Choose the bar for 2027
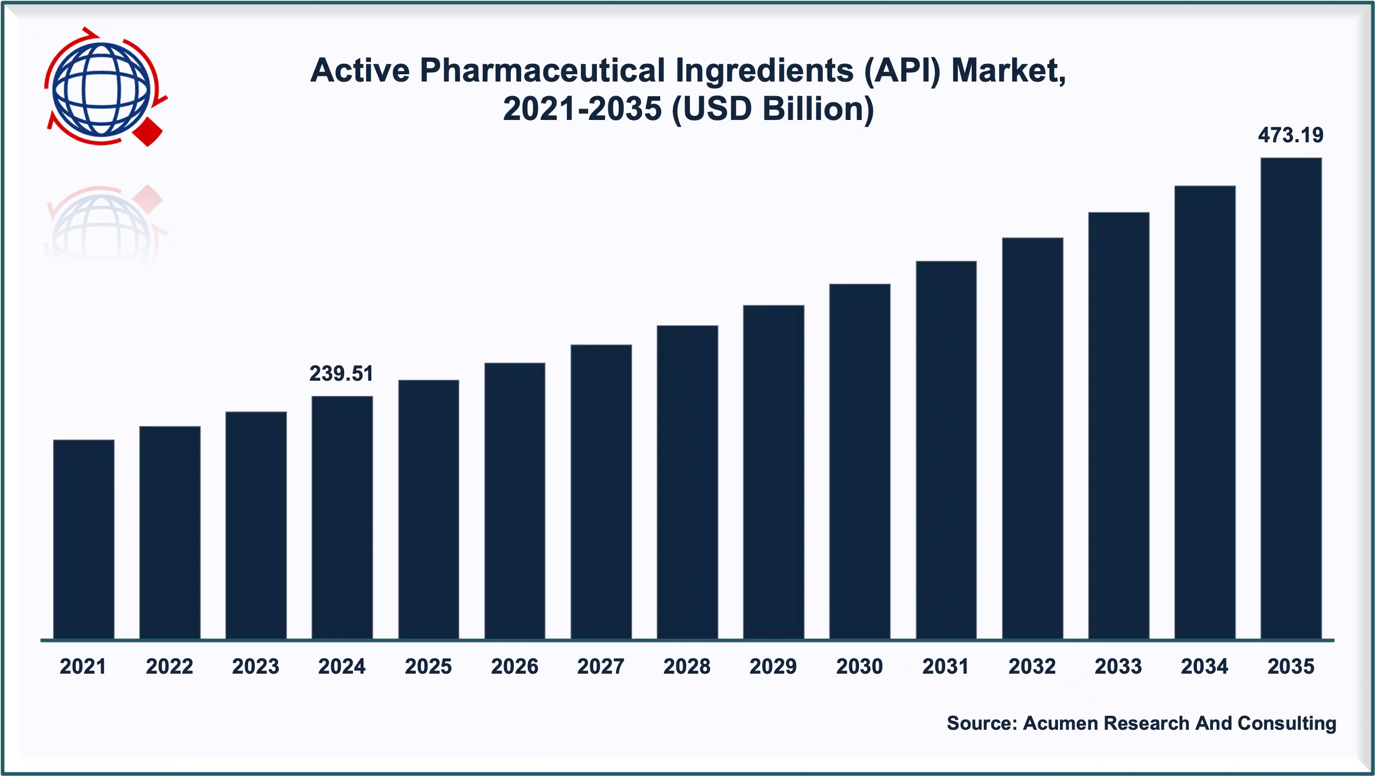(x=601, y=491)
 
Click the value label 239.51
(x=342, y=373)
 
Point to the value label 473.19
(x=1291, y=135)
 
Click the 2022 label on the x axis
(x=169, y=666)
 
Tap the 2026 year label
(x=514, y=666)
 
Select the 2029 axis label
(x=773, y=666)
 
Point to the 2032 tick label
(x=1032, y=666)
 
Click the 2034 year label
(x=1204, y=666)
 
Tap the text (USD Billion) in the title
(x=772, y=109)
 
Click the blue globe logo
(x=100, y=88)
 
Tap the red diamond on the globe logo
(x=148, y=132)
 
